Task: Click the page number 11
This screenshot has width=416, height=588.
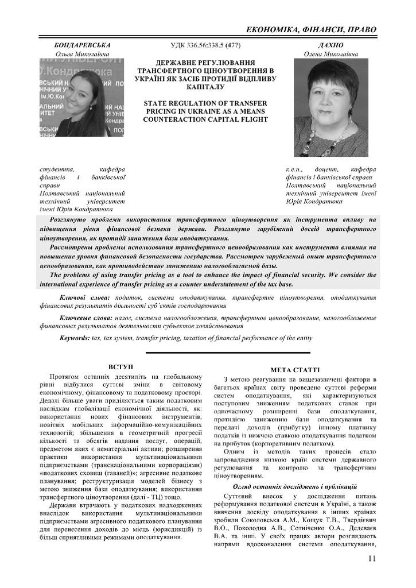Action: (x=372, y=558)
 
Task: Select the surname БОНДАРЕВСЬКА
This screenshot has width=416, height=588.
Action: (x=82, y=45)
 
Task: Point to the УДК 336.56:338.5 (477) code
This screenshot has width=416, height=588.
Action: (x=206, y=45)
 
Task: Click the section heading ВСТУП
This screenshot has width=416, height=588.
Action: (x=120, y=366)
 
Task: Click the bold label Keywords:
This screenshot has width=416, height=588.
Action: (x=75, y=338)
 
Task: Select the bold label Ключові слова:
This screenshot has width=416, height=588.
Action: (x=84, y=297)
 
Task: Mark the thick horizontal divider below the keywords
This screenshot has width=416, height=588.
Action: (x=228, y=353)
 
